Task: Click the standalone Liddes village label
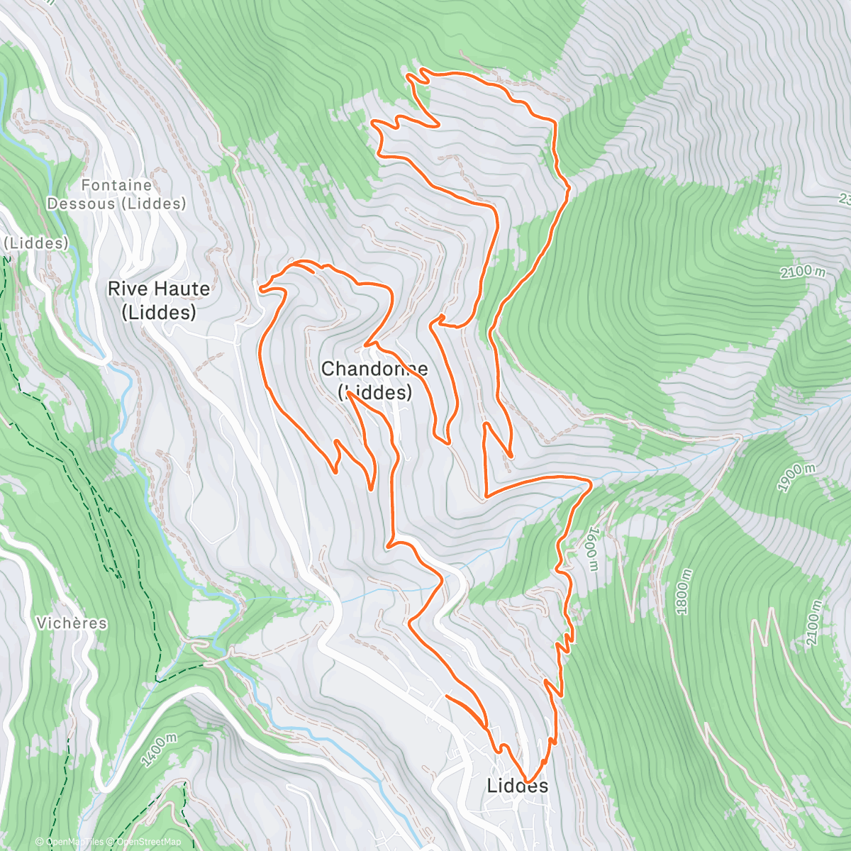click(x=518, y=786)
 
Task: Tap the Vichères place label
click(x=72, y=623)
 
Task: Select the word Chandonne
click(x=374, y=369)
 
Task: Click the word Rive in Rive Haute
click(x=129, y=289)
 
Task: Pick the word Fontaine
click(x=116, y=185)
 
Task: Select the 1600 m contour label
click(x=594, y=548)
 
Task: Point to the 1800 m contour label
click(x=683, y=591)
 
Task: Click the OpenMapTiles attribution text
click(x=72, y=842)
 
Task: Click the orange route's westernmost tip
click(x=260, y=289)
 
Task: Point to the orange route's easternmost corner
click(x=591, y=482)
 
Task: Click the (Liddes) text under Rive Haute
click(x=159, y=312)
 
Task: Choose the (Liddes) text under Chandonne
click(x=374, y=392)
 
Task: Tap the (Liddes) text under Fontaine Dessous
click(x=151, y=204)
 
